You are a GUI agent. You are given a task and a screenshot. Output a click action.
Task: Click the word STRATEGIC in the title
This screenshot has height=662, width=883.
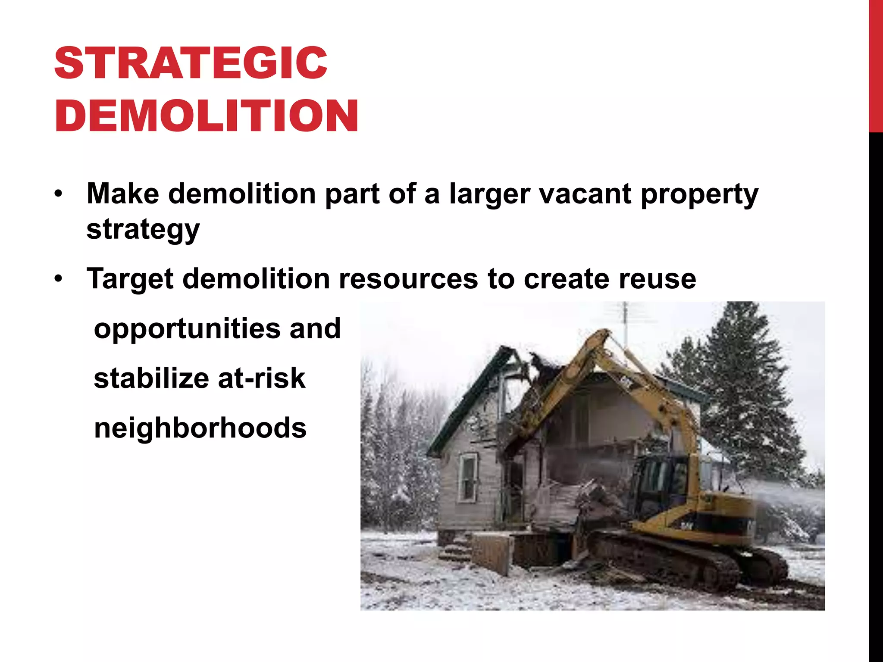pyautogui.click(x=191, y=63)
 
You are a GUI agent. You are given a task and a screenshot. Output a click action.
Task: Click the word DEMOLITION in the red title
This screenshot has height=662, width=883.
pyautogui.click(x=206, y=116)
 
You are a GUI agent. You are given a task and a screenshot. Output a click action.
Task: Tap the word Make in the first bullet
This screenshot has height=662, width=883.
pyautogui.click(x=122, y=194)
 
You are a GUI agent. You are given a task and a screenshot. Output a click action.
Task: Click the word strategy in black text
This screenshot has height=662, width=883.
pyautogui.click(x=143, y=230)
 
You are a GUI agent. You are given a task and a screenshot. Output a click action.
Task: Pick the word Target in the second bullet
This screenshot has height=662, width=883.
pyautogui.click(x=130, y=279)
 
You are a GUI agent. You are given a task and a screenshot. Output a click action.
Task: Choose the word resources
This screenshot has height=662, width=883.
pyautogui.click(x=408, y=279)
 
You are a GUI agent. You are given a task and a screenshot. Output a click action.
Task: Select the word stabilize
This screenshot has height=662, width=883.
pyautogui.click(x=150, y=378)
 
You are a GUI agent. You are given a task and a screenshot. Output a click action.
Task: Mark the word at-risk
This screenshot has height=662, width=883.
pyautogui.click(x=262, y=378)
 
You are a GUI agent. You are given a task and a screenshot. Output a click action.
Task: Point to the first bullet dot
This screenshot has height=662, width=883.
pyautogui.click(x=59, y=194)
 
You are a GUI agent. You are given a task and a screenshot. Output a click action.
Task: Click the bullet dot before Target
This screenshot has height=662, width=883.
pyautogui.click(x=59, y=279)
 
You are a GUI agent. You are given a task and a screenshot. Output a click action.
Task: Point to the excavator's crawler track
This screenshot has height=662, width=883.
pyautogui.click(x=673, y=560)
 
